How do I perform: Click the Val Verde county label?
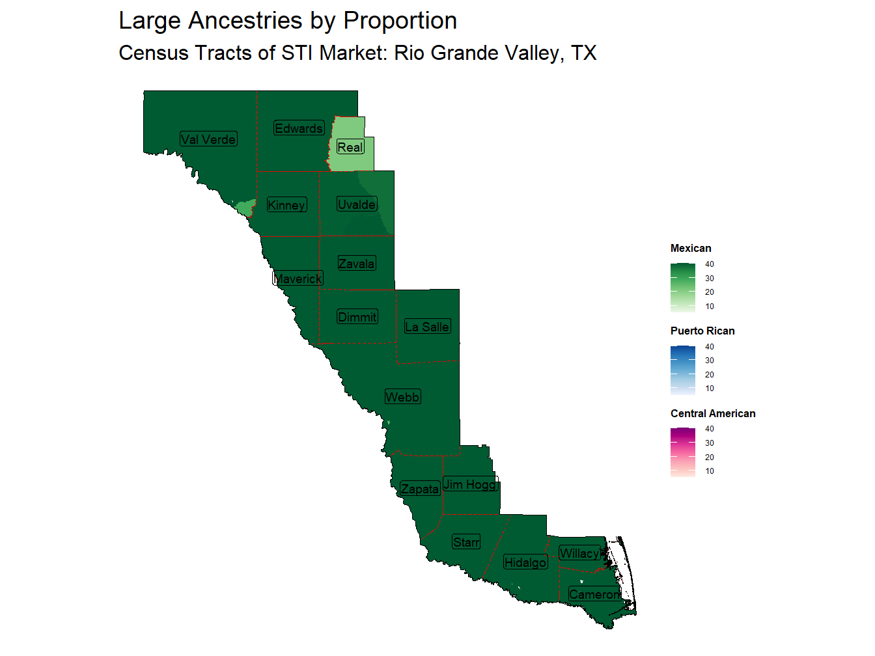(208, 139)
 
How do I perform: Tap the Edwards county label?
(299, 128)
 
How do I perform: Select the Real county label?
(350, 147)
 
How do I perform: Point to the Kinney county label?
(286, 205)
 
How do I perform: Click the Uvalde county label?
(357, 204)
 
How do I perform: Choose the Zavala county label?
(356, 264)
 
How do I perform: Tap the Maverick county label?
(298, 279)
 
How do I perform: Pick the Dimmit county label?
(357, 317)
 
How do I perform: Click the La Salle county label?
(427, 327)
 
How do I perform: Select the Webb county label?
(402, 397)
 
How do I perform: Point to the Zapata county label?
(420, 489)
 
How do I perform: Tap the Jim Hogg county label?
(471, 484)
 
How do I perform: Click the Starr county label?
(466, 542)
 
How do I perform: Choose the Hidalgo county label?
(525, 562)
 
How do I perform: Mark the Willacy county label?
(579, 553)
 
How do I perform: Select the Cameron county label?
(594, 594)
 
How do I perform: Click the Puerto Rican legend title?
(702, 331)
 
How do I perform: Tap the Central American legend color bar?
(683, 452)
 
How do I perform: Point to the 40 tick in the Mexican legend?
(710, 264)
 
